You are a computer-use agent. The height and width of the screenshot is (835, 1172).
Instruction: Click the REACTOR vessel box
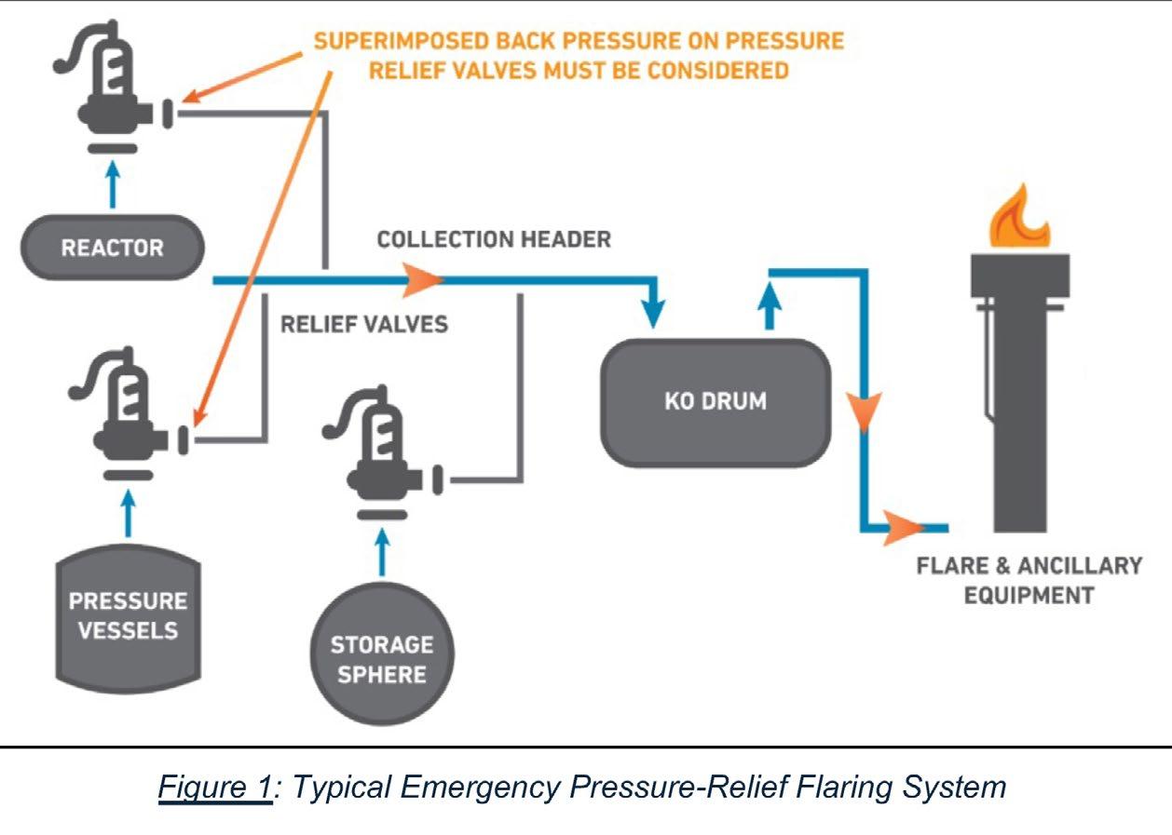112,249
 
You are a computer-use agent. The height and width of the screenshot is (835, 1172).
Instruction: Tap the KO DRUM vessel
715,402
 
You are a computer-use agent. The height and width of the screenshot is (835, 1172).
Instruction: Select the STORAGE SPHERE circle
382,658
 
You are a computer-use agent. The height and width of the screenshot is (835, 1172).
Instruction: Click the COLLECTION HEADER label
494,239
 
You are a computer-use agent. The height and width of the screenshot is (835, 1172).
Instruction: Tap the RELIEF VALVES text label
364,324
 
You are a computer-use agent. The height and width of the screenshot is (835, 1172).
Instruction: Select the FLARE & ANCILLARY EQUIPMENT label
1029,580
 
